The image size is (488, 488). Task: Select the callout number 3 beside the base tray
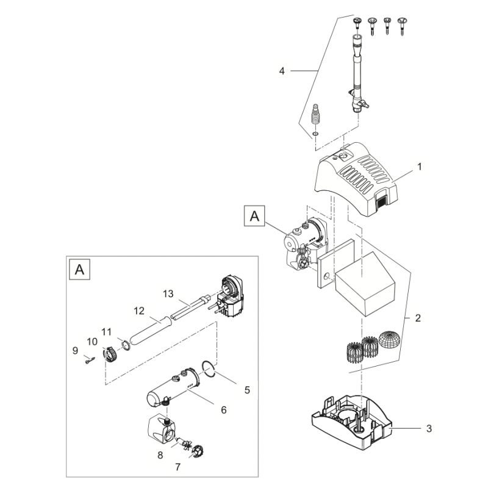429,429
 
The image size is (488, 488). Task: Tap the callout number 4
282,71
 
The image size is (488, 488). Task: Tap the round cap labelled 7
197,452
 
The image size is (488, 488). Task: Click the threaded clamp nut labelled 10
110,353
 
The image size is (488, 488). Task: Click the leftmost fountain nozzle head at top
357,23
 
